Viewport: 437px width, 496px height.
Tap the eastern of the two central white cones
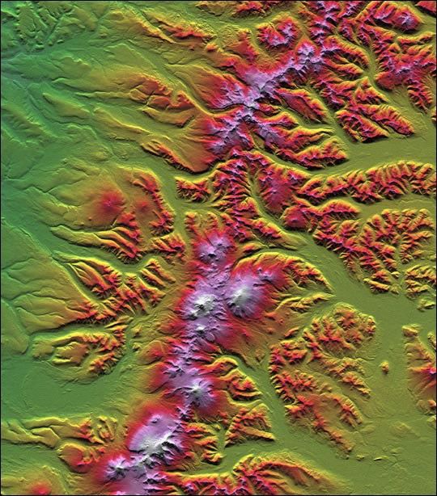pyautogui.click(x=241, y=296)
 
